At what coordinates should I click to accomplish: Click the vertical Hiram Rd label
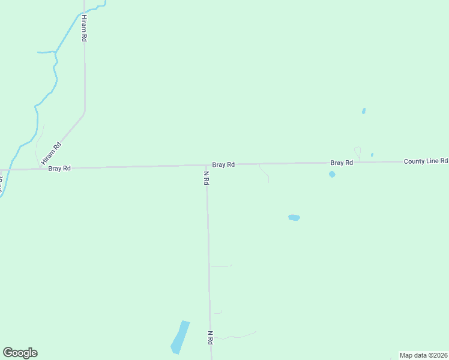pyautogui.click(x=85, y=28)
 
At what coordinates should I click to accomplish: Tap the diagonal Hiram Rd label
pyautogui.click(x=51, y=154)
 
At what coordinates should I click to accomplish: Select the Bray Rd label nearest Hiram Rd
pyautogui.click(x=59, y=169)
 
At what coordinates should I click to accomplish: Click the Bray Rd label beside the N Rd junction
pyautogui.click(x=223, y=164)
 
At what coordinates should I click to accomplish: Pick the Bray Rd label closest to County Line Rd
pyautogui.click(x=341, y=163)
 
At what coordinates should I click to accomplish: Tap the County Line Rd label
pyautogui.click(x=426, y=161)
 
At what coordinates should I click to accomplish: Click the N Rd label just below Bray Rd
pyautogui.click(x=206, y=178)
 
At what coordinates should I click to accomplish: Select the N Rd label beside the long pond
pyautogui.click(x=211, y=337)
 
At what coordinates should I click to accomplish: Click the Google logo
pyautogui.click(x=20, y=353)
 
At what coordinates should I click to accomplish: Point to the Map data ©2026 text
pyautogui.click(x=423, y=355)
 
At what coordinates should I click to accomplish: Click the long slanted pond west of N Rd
pyautogui.click(x=180, y=337)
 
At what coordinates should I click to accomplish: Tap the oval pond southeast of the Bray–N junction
pyautogui.click(x=294, y=217)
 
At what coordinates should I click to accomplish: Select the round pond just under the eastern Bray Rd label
pyautogui.click(x=332, y=174)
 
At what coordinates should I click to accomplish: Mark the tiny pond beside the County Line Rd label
pyautogui.click(x=372, y=155)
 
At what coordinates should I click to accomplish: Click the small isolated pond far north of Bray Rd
pyautogui.click(x=364, y=111)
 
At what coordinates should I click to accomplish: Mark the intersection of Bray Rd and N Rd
pyautogui.click(x=206, y=166)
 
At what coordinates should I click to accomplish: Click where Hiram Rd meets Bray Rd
pyautogui.click(x=41, y=169)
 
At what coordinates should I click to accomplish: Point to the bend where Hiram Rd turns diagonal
pyautogui.click(x=85, y=112)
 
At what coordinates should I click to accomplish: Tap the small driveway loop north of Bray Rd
pyautogui.click(x=358, y=152)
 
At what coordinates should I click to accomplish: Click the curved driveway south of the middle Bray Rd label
pyautogui.click(x=264, y=173)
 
